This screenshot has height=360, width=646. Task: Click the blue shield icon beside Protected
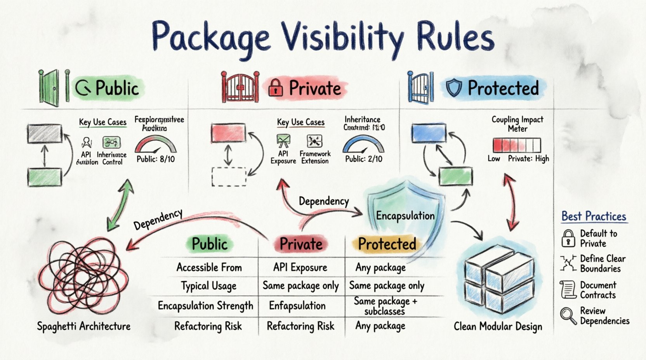point(453,88)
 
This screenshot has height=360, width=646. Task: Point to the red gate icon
point(240,87)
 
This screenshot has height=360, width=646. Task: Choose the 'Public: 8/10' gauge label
point(156,159)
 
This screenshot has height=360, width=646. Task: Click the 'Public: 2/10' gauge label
point(364,159)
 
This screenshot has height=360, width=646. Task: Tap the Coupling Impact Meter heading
point(517,124)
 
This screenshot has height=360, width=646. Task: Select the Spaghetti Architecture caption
point(84,326)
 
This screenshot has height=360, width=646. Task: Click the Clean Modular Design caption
point(498,327)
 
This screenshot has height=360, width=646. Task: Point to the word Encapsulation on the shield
point(405,216)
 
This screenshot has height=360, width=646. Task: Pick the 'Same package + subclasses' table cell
point(385,306)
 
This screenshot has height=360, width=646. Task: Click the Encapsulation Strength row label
point(205,306)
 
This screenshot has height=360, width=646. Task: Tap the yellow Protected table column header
point(387,244)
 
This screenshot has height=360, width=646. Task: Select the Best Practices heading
point(594,216)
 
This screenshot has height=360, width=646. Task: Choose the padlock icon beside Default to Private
point(568,238)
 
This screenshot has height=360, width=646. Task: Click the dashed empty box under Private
point(229,177)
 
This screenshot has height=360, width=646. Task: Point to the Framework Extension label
point(315,157)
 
